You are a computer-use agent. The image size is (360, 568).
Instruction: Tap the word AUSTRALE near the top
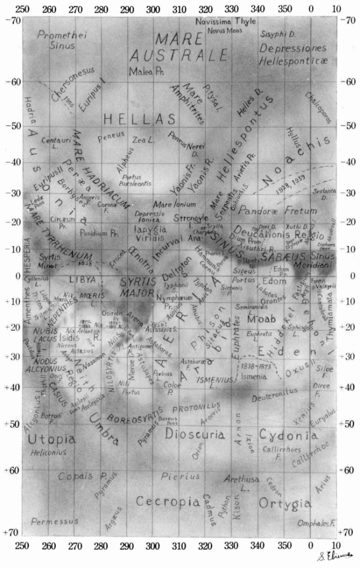[x=179, y=55]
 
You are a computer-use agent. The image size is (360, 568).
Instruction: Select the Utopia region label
[x=52, y=439]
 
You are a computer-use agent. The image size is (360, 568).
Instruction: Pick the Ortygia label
[x=285, y=504]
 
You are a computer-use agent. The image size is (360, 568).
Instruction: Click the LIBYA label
[x=83, y=280]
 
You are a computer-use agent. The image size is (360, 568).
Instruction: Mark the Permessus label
[x=52, y=521]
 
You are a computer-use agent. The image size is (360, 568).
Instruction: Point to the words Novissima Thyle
[x=222, y=21]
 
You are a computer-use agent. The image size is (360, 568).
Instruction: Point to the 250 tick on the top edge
[x=23, y=9]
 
